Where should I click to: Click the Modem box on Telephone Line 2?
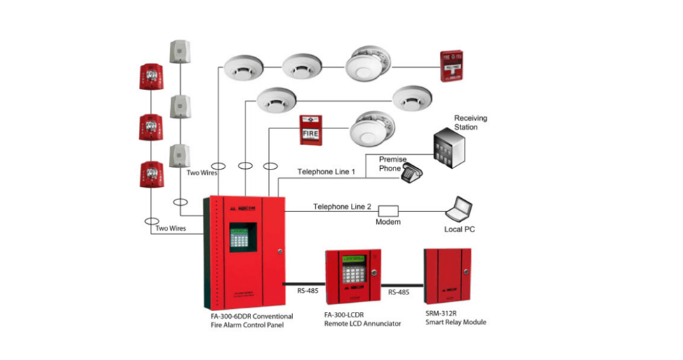(x=387, y=209)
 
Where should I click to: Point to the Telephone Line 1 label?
(x=327, y=172)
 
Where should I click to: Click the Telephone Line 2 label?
(x=342, y=207)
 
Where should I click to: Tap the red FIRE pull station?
(x=310, y=130)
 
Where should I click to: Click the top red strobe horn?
(x=152, y=77)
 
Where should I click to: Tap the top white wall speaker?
(x=180, y=52)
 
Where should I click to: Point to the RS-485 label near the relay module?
(x=399, y=293)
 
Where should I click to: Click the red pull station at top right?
(x=452, y=66)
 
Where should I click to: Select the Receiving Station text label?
(x=470, y=123)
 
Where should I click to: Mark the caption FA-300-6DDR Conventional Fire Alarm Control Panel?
(x=252, y=320)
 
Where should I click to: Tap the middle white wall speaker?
(x=180, y=106)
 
